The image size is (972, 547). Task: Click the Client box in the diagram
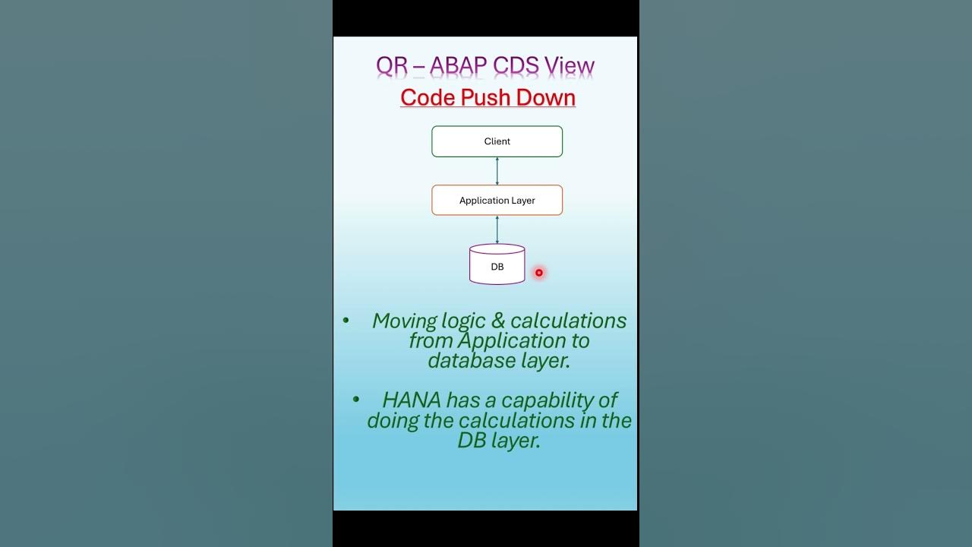[497, 141]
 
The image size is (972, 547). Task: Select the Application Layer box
[497, 201]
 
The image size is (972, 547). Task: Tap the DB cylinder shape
[497, 265]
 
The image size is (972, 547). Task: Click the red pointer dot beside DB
[538, 272]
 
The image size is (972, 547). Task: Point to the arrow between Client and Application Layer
[497, 171]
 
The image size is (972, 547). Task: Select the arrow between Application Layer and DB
[497, 229]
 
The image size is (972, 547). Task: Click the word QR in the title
[392, 66]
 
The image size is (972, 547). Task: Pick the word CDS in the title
[516, 66]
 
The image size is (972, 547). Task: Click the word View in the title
[570, 66]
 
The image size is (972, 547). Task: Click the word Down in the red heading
[545, 97]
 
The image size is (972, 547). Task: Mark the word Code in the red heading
[426, 97]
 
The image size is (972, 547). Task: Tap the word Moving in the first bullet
[405, 321]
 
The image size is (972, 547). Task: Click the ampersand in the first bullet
[498, 321]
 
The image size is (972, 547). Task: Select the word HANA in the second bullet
[412, 400]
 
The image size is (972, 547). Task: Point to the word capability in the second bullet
[544, 400]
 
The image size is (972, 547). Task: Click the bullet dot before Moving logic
[346, 320]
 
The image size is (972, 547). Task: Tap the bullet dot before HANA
[356, 400]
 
